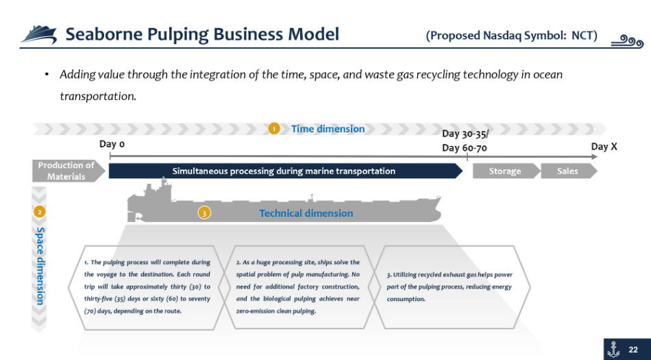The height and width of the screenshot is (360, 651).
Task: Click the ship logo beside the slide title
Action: (x=38, y=34)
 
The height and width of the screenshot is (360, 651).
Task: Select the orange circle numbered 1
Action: (x=273, y=129)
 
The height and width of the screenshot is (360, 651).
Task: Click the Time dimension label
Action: (x=328, y=129)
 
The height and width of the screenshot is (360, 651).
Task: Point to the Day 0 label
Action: (x=112, y=144)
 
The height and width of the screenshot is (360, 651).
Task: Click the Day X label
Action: (x=604, y=147)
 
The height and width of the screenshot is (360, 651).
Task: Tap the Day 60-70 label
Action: (x=465, y=148)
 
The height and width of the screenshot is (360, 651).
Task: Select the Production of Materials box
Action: (x=69, y=171)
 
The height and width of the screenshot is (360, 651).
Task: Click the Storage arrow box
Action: (x=506, y=171)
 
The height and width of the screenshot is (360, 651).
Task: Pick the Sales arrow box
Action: (x=569, y=171)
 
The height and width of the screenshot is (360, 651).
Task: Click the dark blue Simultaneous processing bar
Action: (x=285, y=171)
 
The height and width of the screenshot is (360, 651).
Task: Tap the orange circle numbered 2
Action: (x=40, y=212)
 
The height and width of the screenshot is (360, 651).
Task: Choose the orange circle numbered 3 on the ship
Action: (x=204, y=213)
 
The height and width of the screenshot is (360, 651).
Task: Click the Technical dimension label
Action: (x=306, y=213)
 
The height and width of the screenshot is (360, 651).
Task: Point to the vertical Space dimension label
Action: (x=40, y=266)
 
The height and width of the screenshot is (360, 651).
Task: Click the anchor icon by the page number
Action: (x=613, y=349)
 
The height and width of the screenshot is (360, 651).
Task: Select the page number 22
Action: (x=633, y=350)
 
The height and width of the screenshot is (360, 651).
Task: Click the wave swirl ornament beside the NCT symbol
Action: (x=627, y=41)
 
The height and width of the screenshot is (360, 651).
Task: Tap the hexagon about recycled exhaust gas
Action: (x=450, y=287)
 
